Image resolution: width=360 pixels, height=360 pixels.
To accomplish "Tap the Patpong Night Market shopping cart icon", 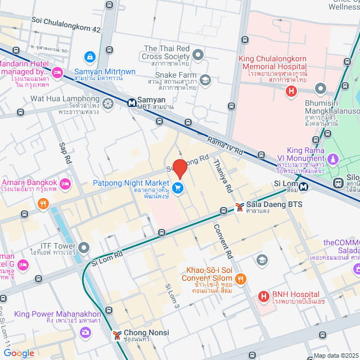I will [x=178, y=188].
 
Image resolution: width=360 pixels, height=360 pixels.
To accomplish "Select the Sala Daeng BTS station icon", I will [x=240, y=207].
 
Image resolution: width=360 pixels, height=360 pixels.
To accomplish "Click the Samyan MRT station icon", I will [x=131, y=103].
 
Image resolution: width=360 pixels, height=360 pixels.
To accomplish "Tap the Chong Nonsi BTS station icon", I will [x=116, y=335].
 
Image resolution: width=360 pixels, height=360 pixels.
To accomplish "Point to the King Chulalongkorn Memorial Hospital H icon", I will [x=291, y=91].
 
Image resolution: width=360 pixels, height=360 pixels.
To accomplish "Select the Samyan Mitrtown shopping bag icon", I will [x=89, y=57].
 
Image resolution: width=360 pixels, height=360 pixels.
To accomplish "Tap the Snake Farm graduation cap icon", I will [x=205, y=80].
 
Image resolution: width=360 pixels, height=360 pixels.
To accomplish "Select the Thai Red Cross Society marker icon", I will [x=198, y=55].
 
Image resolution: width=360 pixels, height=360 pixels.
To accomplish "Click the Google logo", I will [x=19, y=353].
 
